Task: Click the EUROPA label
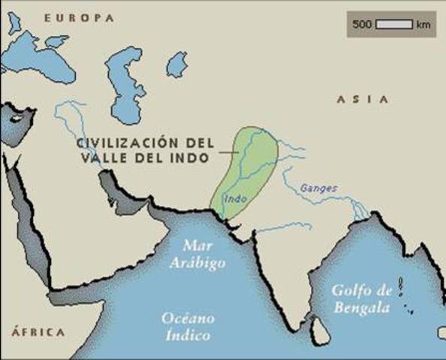(x=79, y=16)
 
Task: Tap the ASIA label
(x=363, y=99)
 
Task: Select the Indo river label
(x=235, y=199)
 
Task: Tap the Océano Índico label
(x=185, y=327)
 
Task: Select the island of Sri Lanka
(x=320, y=327)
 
